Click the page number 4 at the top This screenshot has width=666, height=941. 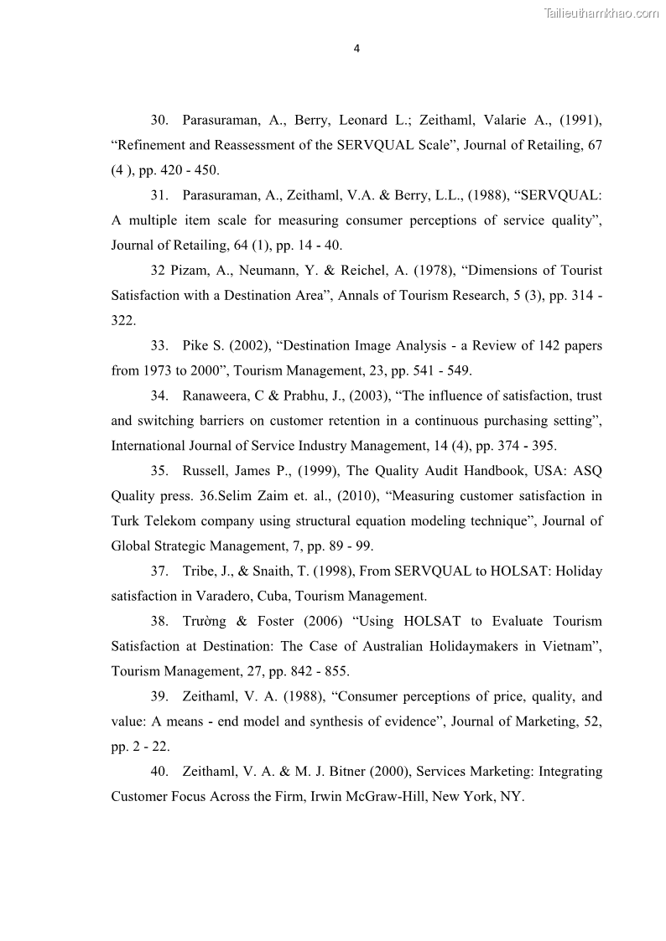point(356,49)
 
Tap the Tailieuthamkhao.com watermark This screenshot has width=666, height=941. point(601,13)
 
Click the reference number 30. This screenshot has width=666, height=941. point(160,121)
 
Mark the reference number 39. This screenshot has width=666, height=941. point(160,697)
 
